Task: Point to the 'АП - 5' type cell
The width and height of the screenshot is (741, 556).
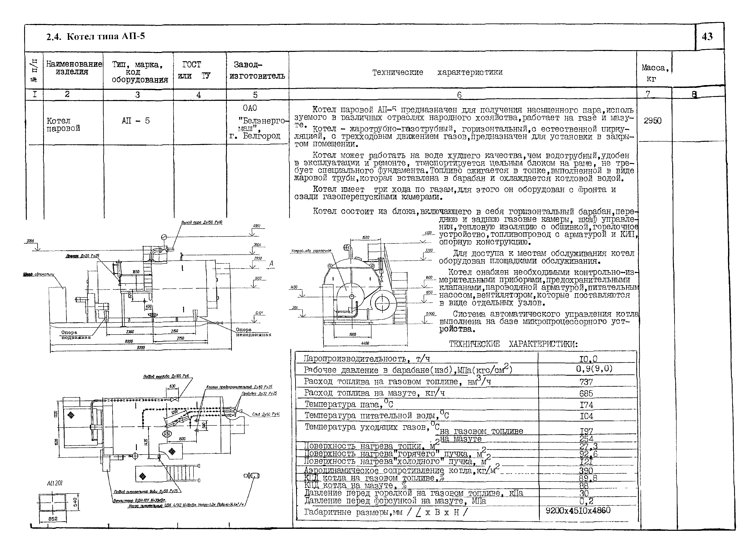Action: (x=136, y=121)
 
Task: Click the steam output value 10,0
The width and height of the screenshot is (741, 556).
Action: (x=588, y=359)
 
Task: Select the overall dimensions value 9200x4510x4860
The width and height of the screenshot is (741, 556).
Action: (x=578, y=511)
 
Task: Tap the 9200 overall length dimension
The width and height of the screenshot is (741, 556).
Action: (x=141, y=348)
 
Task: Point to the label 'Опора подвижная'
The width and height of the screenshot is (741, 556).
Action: (x=76, y=335)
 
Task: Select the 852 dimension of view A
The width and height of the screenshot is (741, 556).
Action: (x=53, y=519)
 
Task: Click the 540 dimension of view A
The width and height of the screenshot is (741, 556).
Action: (x=76, y=502)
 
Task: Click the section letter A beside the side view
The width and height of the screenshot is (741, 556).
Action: (x=271, y=264)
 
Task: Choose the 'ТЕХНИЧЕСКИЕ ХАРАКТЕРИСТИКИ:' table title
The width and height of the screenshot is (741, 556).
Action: (x=513, y=344)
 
